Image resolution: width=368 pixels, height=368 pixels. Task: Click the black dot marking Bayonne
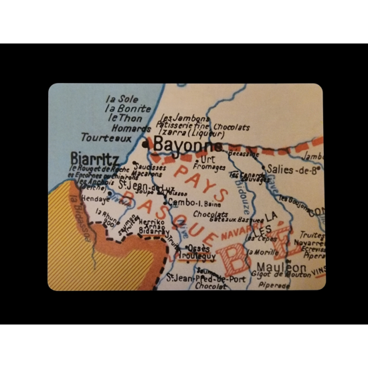pos(145,143)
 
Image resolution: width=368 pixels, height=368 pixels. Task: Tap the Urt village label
pos(207,159)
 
